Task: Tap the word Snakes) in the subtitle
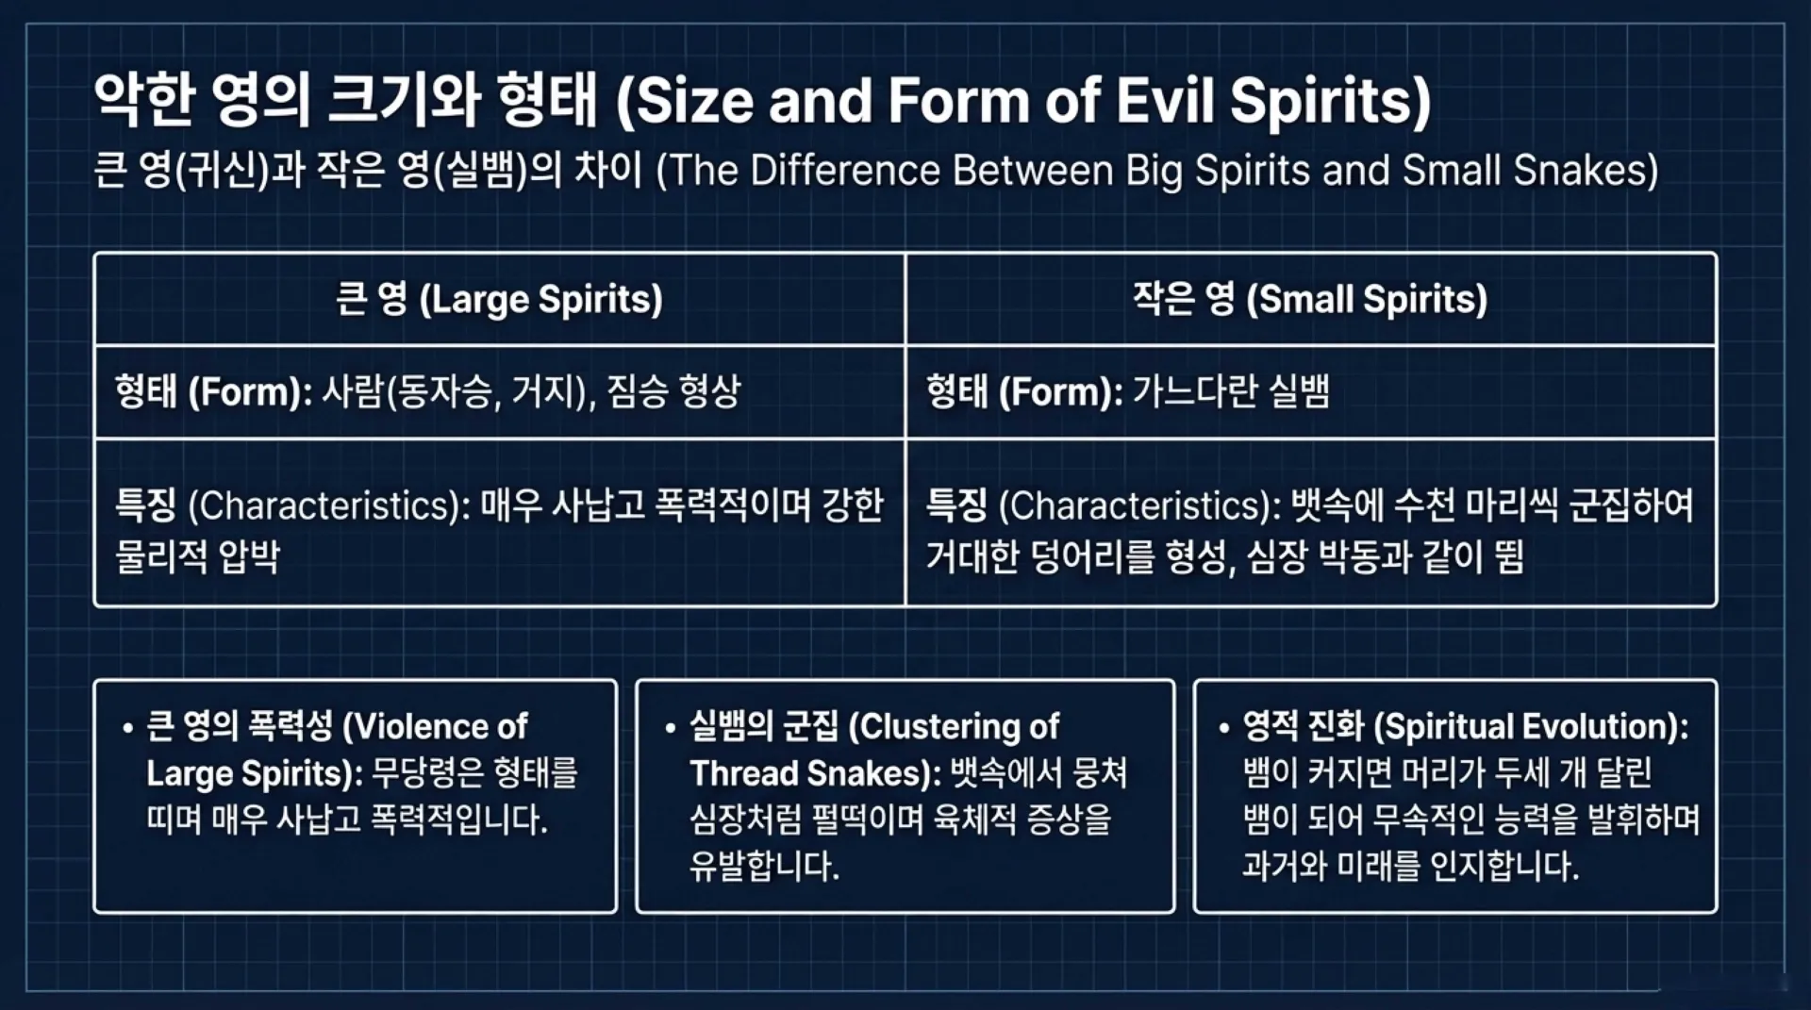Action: tap(1586, 171)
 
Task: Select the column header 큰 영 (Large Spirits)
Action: tap(499, 299)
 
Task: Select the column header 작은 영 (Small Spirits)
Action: tap(1309, 299)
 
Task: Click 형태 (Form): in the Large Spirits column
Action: tap(212, 391)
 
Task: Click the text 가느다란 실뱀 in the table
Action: tap(1230, 391)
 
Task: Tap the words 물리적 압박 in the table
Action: tap(197, 556)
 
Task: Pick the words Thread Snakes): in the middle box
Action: tap(815, 773)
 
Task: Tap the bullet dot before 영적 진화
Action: tap(1223, 729)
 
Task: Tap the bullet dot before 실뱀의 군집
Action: tap(670, 729)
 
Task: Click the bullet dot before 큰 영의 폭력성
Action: tap(127, 729)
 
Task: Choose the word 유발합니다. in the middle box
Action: tap(763, 866)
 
